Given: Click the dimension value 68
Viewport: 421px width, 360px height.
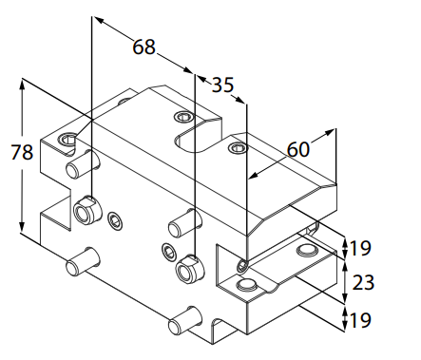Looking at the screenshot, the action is (x=144, y=47).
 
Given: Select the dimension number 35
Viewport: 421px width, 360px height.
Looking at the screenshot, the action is (x=222, y=85).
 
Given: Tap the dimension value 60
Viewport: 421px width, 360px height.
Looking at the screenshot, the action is (x=297, y=149).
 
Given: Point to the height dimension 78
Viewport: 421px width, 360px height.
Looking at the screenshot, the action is (x=22, y=152).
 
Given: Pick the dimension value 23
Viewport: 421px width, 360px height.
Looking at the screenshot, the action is (x=363, y=282).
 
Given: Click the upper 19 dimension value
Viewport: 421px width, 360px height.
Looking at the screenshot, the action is (x=359, y=248).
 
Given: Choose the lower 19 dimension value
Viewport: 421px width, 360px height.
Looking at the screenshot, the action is (x=359, y=320).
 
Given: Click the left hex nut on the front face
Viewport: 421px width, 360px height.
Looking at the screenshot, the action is (x=87, y=209).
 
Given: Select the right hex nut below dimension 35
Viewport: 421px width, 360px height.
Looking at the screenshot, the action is (x=190, y=269).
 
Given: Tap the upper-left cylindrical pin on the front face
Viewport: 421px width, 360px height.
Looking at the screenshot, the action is (x=83, y=164).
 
